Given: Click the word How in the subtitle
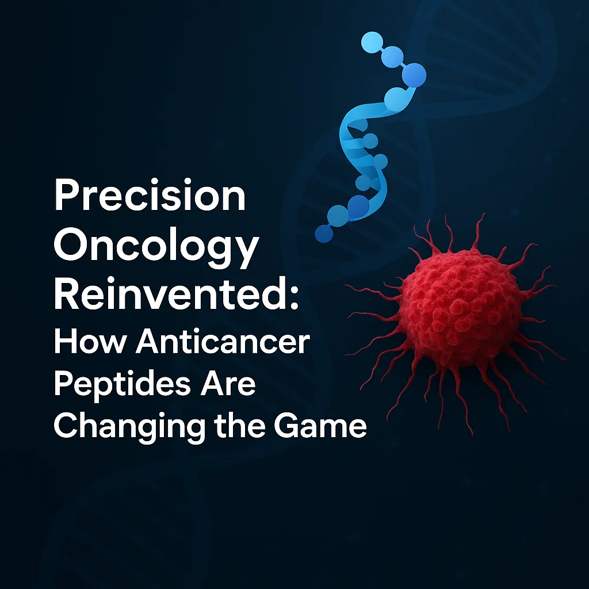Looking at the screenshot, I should (89, 343).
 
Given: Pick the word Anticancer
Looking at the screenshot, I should (223, 343).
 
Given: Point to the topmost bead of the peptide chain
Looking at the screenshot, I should (371, 42).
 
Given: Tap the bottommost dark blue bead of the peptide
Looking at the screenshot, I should (324, 234).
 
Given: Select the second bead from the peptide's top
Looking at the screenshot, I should (392, 56).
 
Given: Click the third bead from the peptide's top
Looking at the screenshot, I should (414, 75).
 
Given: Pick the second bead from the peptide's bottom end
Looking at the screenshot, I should (338, 215).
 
